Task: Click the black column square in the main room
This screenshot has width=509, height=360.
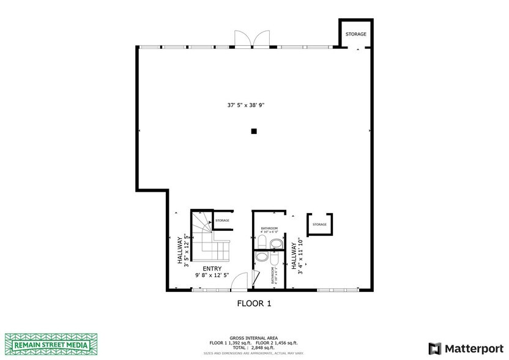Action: pos(253,130)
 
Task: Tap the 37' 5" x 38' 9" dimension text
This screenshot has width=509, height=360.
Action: pos(254,105)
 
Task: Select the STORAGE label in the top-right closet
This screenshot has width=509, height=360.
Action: pos(355,34)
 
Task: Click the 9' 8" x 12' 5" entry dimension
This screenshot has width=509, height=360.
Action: pos(212,276)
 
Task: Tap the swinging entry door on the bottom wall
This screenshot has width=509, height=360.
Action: pos(242,280)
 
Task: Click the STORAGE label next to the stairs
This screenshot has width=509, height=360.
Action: pos(222,220)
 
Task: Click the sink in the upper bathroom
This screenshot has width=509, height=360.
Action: pos(276,244)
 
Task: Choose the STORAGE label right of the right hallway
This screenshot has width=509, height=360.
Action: pos(319,225)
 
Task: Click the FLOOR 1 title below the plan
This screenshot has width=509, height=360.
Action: pos(254,303)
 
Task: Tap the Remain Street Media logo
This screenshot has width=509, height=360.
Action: pos(51,343)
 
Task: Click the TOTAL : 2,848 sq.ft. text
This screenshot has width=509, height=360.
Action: pos(254,347)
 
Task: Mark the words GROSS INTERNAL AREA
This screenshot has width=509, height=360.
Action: pos(254,338)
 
